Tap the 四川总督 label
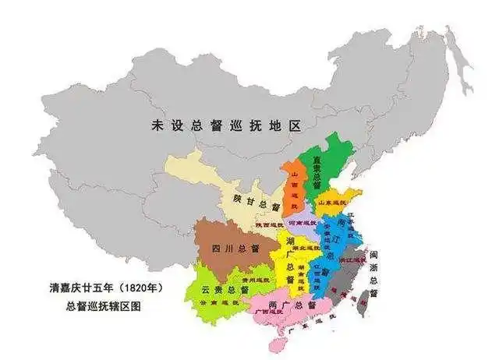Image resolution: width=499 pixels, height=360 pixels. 235,249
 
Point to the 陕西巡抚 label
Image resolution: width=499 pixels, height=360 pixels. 265,225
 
